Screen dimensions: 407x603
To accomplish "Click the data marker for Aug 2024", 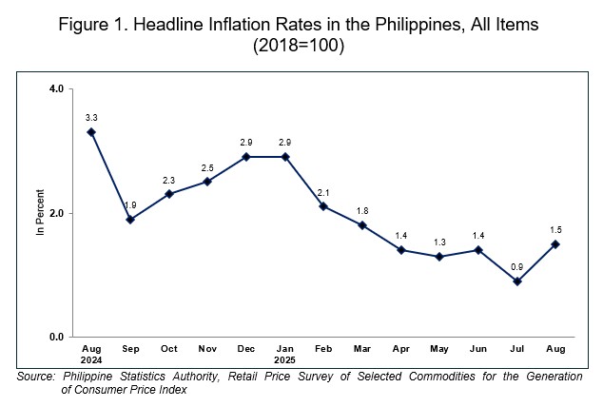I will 91,132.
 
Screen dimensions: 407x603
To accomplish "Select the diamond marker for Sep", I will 130,220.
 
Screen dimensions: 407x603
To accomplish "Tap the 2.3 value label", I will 168,179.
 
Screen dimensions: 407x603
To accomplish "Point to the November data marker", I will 207,182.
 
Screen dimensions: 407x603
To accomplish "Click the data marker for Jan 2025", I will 284,157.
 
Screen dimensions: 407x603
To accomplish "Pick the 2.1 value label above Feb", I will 323,191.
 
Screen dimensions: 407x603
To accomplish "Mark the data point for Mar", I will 362,225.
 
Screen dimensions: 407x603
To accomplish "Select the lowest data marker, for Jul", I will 516,281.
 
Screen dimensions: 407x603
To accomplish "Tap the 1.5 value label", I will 555,229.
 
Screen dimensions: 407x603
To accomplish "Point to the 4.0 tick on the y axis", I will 56,89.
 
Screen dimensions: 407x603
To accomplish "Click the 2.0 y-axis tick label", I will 56,213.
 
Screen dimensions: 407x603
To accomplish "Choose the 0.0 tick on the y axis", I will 56,338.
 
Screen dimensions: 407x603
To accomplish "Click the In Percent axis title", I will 41,213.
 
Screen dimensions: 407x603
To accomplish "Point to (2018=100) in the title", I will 301,46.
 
